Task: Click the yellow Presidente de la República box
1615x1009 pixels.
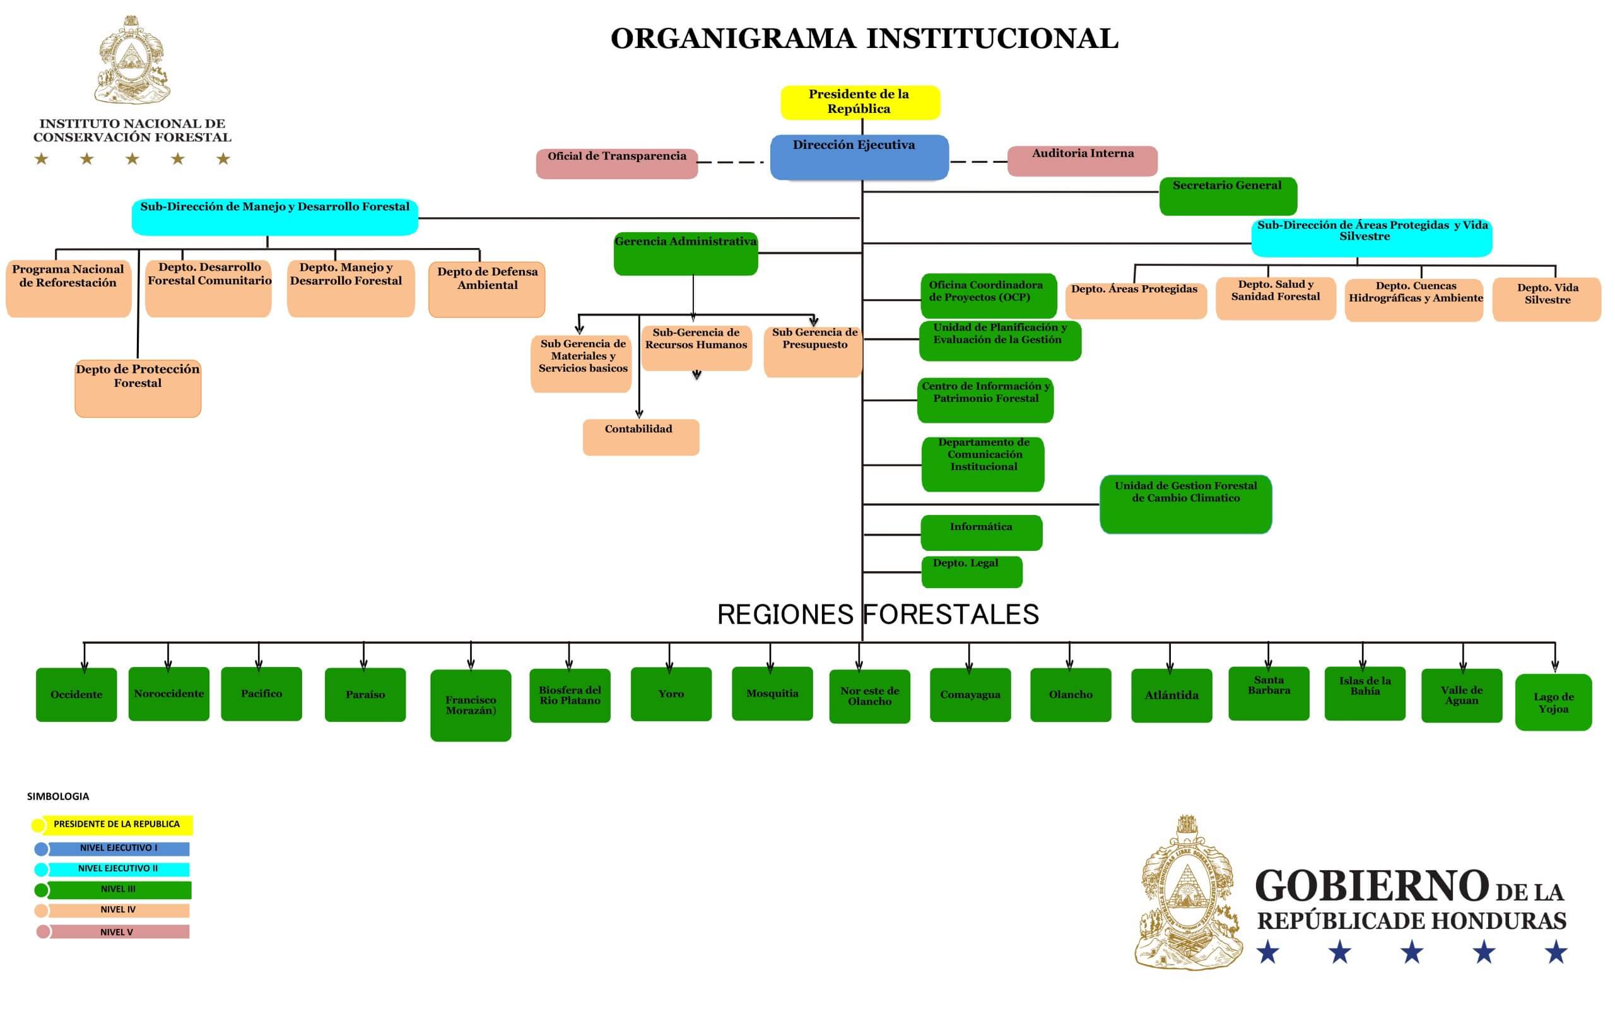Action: pos(860,102)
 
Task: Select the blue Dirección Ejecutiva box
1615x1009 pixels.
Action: pos(859,158)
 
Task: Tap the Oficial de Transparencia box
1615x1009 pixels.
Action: pos(616,163)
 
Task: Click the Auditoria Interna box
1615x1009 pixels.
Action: pos(1082,161)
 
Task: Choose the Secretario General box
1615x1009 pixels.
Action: pos(1228,196)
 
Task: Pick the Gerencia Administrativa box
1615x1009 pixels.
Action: pos(685,254)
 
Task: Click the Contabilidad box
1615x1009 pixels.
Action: pos(640,437)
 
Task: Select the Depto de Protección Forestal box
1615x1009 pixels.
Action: pos(138,388)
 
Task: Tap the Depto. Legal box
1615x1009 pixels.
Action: pos(972,572)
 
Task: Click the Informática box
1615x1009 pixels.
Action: pos(980,533)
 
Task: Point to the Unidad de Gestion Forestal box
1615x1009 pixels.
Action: pos(1185,504)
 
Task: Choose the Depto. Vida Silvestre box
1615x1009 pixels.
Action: pos(1546,300)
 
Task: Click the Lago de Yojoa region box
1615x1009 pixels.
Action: pos(1553,703)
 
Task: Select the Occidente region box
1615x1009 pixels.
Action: pos(76,695)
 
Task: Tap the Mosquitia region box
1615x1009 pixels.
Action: pos(772,694)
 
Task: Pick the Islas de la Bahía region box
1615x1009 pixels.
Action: pos(1364,693)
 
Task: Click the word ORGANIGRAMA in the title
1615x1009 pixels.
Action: pos(732,38)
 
